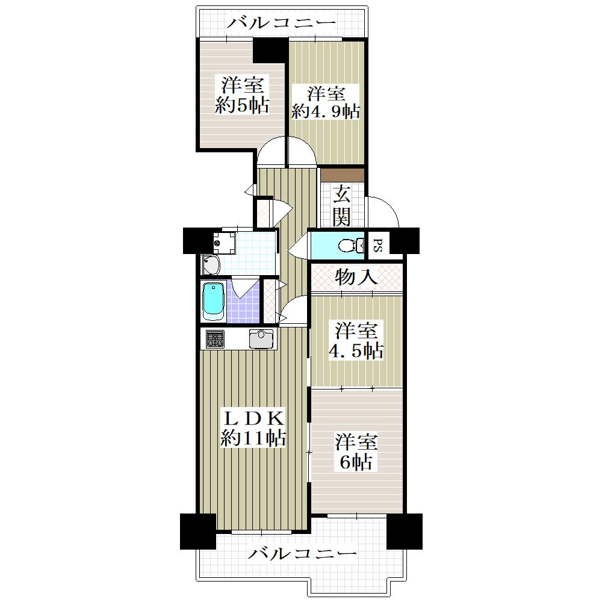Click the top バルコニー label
click(x=281, y=23)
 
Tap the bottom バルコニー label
click(x=303, y=554)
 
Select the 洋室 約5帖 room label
click(x=241, y=95)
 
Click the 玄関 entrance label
click(x=341, y=206)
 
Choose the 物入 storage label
click(x=356, y=277)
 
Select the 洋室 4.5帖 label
click(x=356, y=341)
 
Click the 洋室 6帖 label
click(x=356, y=452)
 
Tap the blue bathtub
click(x=213, y=302)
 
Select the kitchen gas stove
click(x=215, y=339)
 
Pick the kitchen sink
click(x=261, y=338)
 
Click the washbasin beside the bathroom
click(x=211, y=264)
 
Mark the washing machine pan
click(x=223, y=242)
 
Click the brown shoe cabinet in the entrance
click(x=343, y=175)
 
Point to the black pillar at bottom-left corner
click(x=197, y=531)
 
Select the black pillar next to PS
click(x=405, y=241)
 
